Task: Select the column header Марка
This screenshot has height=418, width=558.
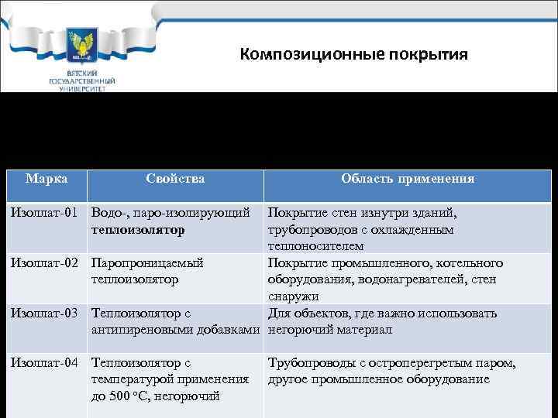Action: [x=46, y=179]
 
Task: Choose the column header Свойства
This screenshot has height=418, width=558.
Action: [x=174, y=179]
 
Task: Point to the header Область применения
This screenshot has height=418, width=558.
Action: [x=408, y=179]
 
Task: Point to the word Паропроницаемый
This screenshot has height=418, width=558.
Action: [x=147, y=263]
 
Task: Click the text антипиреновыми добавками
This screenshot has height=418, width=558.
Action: [x=177, y=331]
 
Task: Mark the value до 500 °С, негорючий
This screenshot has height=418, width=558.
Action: [x=156, y=396]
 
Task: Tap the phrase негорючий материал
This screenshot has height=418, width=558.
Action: [x=330, y=331]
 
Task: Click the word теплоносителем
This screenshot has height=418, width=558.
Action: [x=315, y=246]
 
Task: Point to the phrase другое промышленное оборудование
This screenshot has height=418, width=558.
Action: [x=378, y=379]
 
